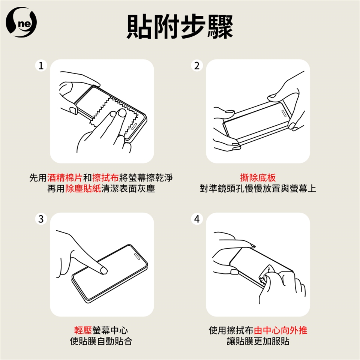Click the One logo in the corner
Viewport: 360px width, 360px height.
point(21,22)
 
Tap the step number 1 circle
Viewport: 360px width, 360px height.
point(41,66)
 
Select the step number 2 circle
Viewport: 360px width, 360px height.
point(197,66)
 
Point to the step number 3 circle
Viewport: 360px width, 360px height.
point(41,219)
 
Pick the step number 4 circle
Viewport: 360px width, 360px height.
point(197,219)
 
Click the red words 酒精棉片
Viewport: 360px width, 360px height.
point(65,178)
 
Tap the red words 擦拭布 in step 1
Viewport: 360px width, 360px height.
point(105,178)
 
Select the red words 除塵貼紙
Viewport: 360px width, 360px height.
point(83,189)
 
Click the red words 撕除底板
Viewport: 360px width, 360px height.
point(258,178)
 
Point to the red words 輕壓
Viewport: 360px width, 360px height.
point(83,330)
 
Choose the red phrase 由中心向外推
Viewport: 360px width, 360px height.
point(280,330)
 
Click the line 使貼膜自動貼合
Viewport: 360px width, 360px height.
point(101,341)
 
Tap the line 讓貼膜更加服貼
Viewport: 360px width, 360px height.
point(258,341)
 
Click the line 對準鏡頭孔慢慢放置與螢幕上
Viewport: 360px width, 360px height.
point(258,189)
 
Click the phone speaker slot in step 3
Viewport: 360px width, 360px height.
point(137,256)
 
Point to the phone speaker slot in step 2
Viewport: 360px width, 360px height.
point(284,113)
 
